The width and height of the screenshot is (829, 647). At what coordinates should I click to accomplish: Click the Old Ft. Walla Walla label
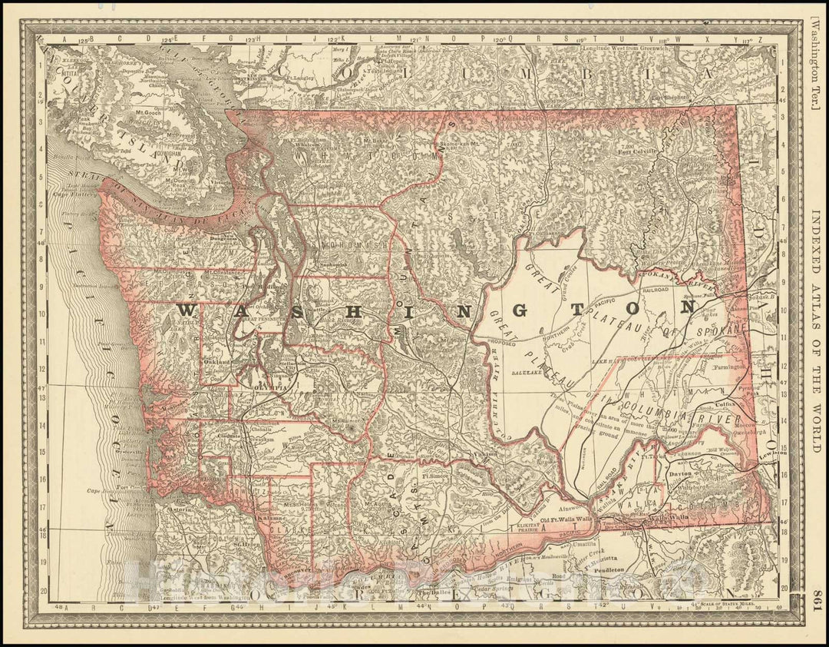tap(566, 520)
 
